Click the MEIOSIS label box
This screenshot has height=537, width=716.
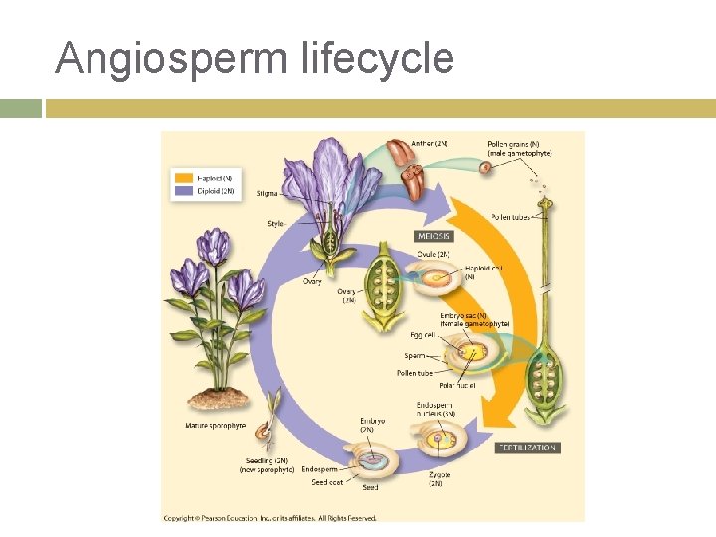(433, 237)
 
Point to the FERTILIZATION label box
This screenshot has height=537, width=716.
(526, 448)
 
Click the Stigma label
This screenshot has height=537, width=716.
(267, 193)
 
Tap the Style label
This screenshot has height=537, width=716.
(275, 224)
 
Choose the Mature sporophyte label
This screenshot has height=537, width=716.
(215, 426)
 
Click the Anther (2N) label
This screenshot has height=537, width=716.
(430, 144)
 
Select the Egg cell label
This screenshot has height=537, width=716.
(422, 336)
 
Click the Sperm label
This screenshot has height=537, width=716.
(415, 354)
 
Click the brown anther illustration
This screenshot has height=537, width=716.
(401, 159)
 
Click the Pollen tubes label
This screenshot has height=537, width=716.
(509, 217)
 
